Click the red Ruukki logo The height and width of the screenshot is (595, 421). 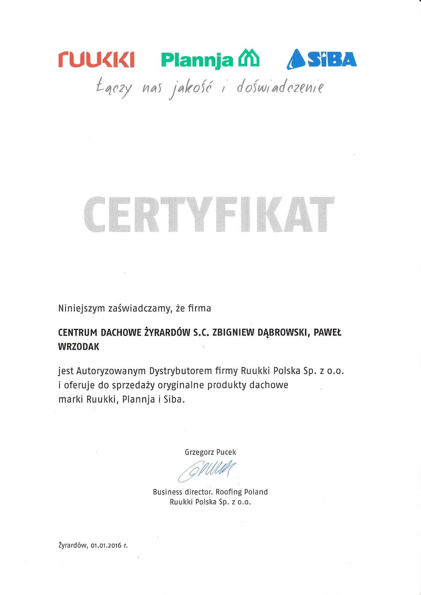click(x=96, y=60)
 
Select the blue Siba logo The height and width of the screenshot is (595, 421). click(x=322, y=60)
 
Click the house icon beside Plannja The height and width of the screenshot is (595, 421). click(x=249, y=58)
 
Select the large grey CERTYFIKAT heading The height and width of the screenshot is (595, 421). click(x=209, y=215)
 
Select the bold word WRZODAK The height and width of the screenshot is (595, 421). click(x=79, y=347)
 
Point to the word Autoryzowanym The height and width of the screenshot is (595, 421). click(x=111, y=371)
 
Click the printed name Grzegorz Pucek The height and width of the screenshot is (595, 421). click(x=211, y=452)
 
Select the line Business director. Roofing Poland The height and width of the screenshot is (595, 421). click(x=210, y=492)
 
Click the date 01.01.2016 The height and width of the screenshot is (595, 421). click(x=105, y=546)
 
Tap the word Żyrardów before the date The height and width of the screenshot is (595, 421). click(x=73, y=545)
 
